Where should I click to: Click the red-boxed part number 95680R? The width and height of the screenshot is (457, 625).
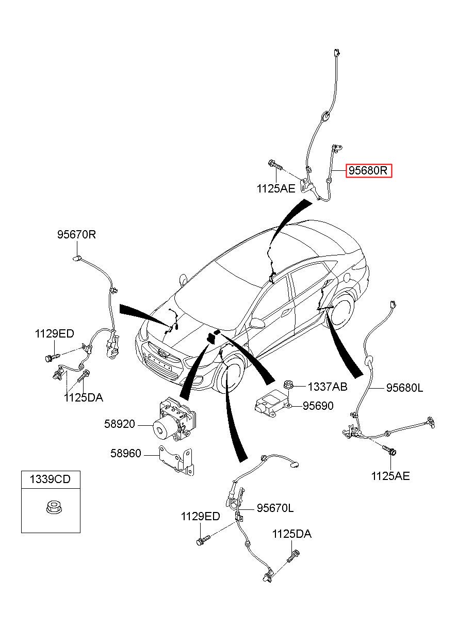pyautogui.click(x=369, y=171)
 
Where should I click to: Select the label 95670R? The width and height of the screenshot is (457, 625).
pyautogui.click(x=76, y=235)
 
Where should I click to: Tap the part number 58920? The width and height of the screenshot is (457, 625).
pyautogui.click(x=120, y=424)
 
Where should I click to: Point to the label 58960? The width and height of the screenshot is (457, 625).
pyautogui.click(x=125, y=454)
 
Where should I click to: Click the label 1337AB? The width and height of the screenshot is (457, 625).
pyautogui.click(x=328, y=387)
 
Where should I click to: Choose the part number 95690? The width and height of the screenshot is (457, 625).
pyautogui.click(x=318, y=406)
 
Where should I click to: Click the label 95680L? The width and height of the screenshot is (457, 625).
pyautogui.click(x=404, y=388)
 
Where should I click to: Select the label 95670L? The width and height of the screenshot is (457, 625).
pyautogui.click(x=275, y=508)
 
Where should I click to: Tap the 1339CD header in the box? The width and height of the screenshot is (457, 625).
pyautogui.click(x=50, y=479)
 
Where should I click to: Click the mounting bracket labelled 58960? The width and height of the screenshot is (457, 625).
pyautogui.click(x=176, y=457)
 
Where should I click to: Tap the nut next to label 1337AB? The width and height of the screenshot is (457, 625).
pyautogui.click(x=289, y=384)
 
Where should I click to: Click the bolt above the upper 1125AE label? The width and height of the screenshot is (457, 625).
pyautogui.click(x=275, y=165)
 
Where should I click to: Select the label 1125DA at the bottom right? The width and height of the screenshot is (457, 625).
pyautogui.click(x=292, y=534)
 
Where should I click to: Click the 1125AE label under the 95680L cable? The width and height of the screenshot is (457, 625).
pyautogui.click(x=390, y=476)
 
